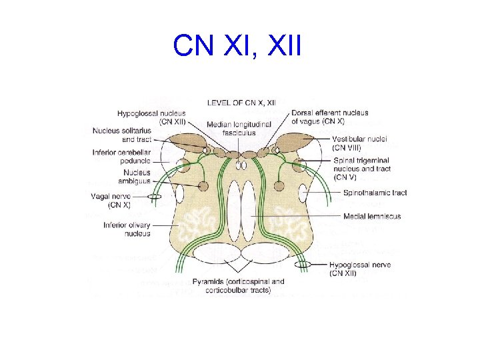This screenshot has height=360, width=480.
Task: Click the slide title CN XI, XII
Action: (x=237, y=47)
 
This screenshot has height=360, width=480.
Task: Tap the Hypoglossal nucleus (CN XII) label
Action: (x=151, y=118)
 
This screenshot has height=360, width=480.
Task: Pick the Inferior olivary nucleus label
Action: (x=127, y=229)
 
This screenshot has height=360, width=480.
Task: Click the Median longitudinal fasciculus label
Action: (x=239, y=129)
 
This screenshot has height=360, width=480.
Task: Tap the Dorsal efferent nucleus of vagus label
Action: (x=329, y=117)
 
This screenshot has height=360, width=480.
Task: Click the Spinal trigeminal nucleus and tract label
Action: (x=361, y=169)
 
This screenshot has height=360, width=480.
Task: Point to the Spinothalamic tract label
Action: (x=375, y=193)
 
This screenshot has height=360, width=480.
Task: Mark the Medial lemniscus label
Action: (x=371, y=217)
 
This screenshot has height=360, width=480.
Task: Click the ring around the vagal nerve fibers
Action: (x=154, y=197)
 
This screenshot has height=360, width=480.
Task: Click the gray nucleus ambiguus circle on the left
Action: (x=203, y=186)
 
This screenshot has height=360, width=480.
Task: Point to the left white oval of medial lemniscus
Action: (x=233, y=206)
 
